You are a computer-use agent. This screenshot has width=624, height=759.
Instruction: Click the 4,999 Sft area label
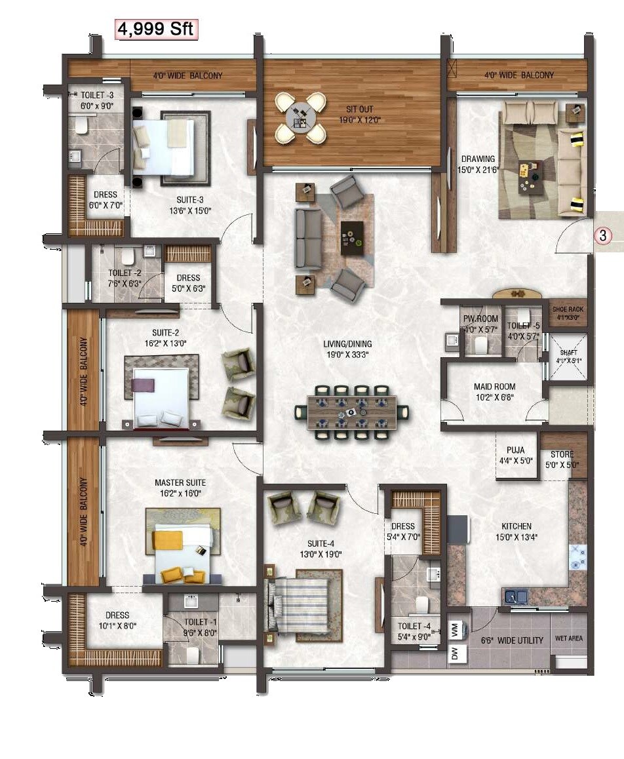[x=157, y=29]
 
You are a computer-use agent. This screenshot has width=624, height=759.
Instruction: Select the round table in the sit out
[x=300, y=117]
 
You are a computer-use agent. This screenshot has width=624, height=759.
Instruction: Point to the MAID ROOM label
[x=494, y=387]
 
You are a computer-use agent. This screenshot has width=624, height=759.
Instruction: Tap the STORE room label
[x=562, y=454]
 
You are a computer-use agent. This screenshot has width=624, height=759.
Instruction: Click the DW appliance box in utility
[x=455, y=653]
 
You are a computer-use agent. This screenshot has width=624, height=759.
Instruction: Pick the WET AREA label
[x=568, y=638]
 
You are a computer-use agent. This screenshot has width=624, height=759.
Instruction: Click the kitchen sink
[x=516, y=596]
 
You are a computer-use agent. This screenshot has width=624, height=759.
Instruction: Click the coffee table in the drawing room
[x=530, y=176]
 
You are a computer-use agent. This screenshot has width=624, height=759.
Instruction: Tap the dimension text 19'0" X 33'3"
[x=347, y=355]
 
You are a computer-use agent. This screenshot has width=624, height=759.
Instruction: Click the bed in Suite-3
[x=165, y=147]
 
